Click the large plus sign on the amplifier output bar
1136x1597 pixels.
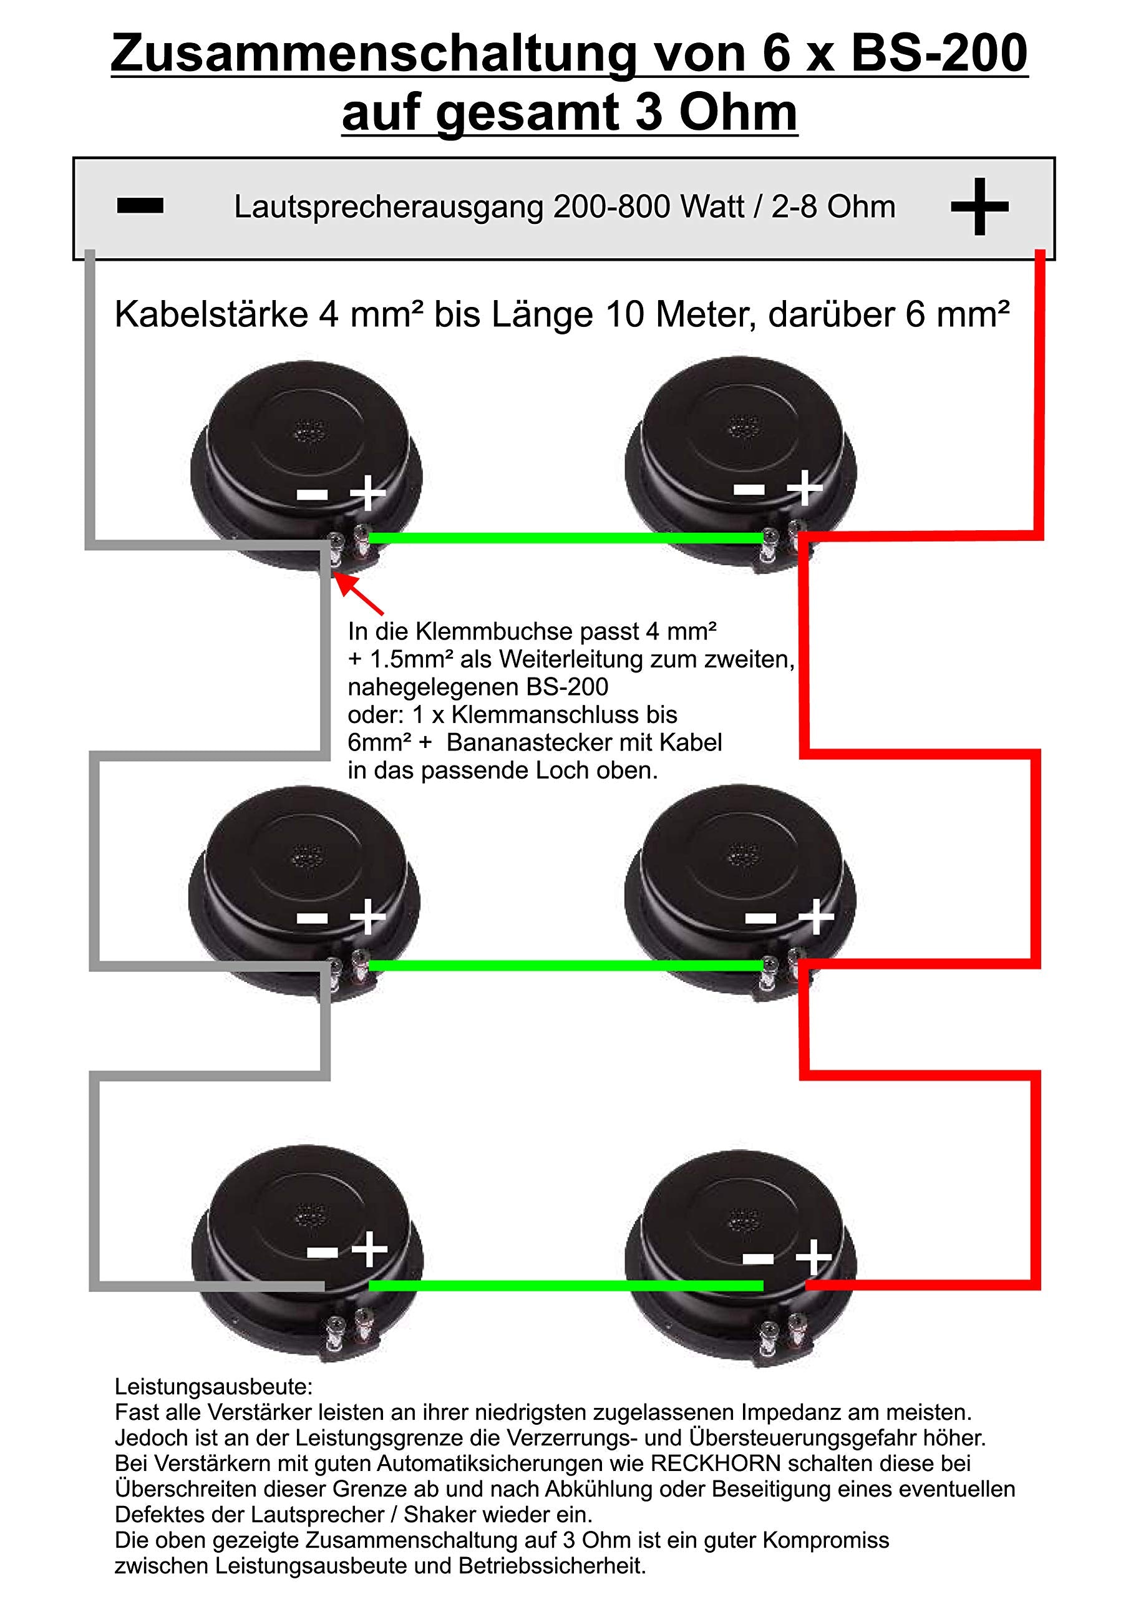pos(979,206)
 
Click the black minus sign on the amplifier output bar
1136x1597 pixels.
pos(140,205)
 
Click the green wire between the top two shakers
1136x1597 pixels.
pos(566,538)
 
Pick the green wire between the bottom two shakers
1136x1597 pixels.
pos(566,1286)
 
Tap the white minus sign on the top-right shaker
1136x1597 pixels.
pos(749,489)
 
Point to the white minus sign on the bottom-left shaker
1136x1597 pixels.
pos(323,1251)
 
